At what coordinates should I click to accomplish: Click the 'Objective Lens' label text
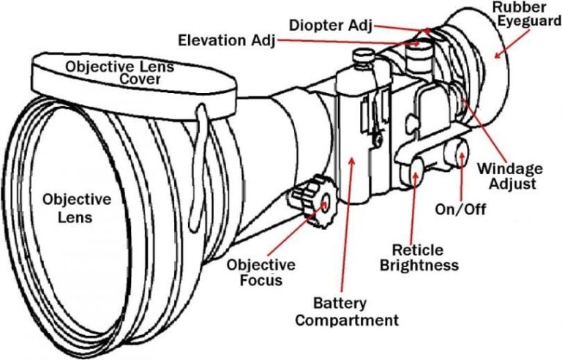(x=77, y=208)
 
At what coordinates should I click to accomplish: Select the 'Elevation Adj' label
(x=226, y=39)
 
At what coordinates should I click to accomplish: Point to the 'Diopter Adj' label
(x=330, y=24)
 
